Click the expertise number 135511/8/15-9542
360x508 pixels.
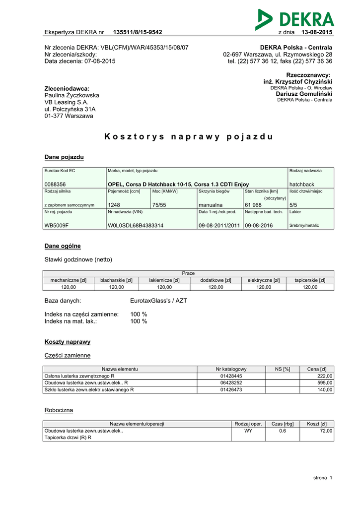pyautogui.click(x=138, y=32)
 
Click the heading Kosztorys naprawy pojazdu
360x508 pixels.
pyautogui.click(x=189, y=136)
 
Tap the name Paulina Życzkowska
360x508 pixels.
pyautogui.click(x=72, y=95)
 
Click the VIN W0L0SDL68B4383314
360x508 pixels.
pyautogui.click(x=136, y=225)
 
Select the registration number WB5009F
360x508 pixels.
pyautogui.click(x=57, y=225)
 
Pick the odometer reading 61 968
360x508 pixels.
pyautogui.click(x=253, y=205)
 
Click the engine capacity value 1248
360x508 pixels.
pyautogui.click(x=114, y=205)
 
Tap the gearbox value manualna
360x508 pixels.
pyautogui.click(x=211, y=205)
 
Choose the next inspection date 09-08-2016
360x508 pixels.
pyautogui.click(x=259, y=225)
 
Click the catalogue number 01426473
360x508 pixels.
pyautogui.click(x=231, y=390)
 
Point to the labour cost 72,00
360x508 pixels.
pyautogui.click(x=326, y=431)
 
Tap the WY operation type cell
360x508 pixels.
pyautogui.click(x=248, y=431)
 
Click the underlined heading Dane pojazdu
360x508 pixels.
pyautogui.click(x=64, y=157)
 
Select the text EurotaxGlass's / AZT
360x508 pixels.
pyautogui.click(x=158, y=301)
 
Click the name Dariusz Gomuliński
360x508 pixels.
pyautogui.click(x=304, y=94)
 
